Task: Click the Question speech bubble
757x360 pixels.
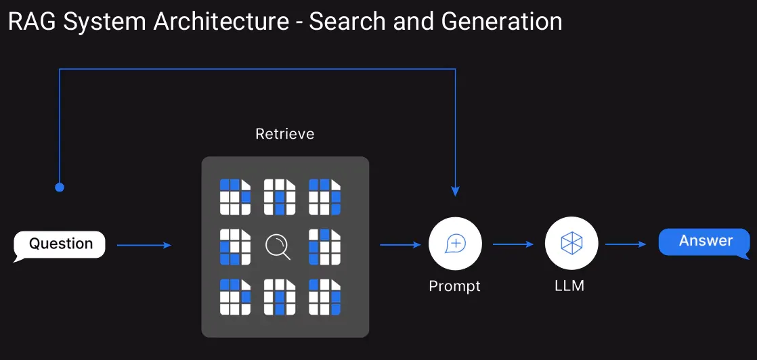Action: (60, 244)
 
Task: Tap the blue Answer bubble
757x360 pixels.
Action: (705, 242)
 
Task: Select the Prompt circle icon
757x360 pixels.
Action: (455, 244)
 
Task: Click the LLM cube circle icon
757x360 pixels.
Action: (571, 244)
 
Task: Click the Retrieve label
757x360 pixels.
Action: (284, 134)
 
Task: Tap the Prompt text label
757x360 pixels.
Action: (454, 286)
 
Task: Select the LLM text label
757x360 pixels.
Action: (569, 286)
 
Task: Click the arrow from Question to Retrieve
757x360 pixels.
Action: (144, 245)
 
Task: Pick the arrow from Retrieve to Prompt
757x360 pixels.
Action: (400, 245)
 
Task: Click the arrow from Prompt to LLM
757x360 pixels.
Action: (513, 244)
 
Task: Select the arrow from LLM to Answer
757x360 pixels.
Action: (626, 244)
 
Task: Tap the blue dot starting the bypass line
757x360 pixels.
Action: (60, 187)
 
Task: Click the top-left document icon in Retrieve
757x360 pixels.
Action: (235, 197)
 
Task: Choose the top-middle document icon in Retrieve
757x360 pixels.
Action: (280, 197)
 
